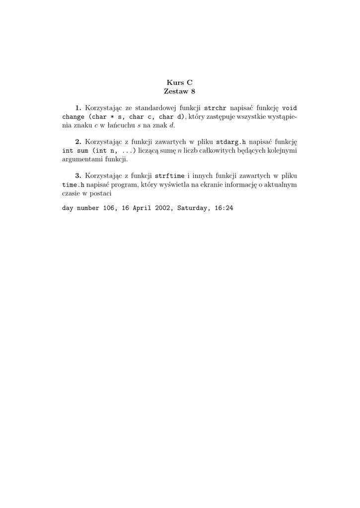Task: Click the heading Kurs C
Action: coord(179,83)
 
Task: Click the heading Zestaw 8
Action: coord(179,91)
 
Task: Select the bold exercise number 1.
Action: coord(78,108)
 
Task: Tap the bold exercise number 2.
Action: coord(78,142)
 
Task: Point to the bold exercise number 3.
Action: coord(78,176)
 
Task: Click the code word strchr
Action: coord(215,108)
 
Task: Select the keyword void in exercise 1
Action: coord(289,108)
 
